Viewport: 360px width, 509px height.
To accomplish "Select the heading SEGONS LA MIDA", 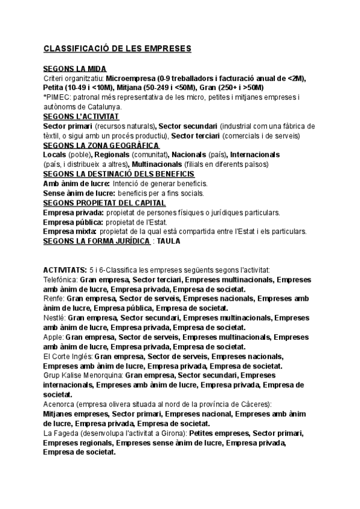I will point(75,69).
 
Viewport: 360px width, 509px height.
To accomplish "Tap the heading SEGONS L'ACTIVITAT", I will point(82,116).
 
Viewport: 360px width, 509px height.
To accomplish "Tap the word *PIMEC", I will point(56,97).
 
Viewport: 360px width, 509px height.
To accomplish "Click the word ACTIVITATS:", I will point(64,270).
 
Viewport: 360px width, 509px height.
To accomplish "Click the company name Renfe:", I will point(53,299).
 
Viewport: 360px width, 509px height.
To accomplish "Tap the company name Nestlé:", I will point(55,318).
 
